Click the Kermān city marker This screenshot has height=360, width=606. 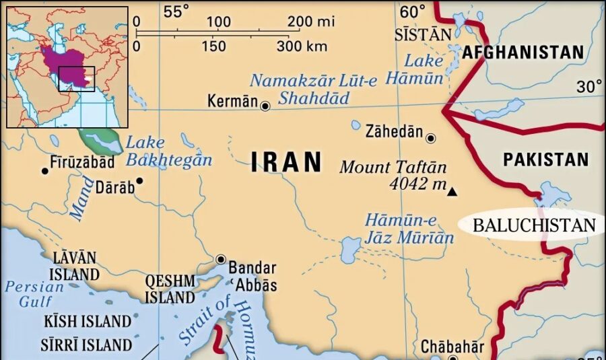click(265, 106)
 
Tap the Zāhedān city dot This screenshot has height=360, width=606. click(431, 138)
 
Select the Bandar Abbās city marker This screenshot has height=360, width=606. click(221, 259)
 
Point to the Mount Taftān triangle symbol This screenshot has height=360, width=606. click(452, 192)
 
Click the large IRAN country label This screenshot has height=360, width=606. click(287, 163)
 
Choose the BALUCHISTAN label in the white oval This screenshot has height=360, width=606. click(534, 225)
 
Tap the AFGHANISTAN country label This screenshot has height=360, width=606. click(523, 52)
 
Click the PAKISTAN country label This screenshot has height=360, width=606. click(545, 159)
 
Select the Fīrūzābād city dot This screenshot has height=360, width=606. click(45, 171)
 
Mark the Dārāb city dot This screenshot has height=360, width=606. click(139, 180)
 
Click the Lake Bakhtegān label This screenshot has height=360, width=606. click(168, 151)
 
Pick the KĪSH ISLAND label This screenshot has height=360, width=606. click(88, 321)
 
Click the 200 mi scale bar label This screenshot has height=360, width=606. click(311, 22)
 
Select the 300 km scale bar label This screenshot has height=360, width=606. click(302, 46)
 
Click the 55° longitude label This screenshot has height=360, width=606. click(176, 11)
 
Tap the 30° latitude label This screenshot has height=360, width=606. click(590, 87)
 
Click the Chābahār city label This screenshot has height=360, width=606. click(452, 347)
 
